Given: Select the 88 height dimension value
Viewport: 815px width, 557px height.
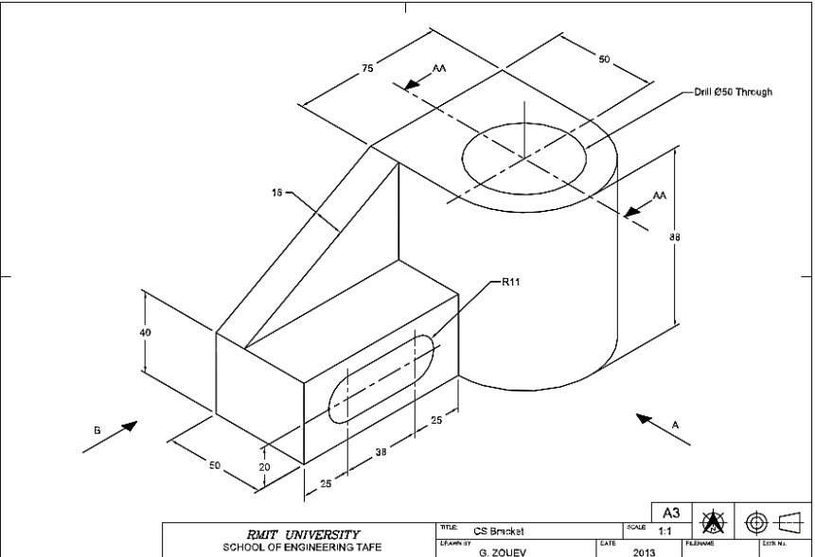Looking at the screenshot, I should (x=675, y=236).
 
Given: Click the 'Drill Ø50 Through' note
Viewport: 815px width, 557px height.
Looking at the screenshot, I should (x=727, y=92).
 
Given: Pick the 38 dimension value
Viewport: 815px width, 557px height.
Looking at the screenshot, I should (x=380, y=452).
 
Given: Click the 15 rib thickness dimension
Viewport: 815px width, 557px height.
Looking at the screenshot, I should (x=276, y=192).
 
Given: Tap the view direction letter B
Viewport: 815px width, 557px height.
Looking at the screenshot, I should (x=97, y=429).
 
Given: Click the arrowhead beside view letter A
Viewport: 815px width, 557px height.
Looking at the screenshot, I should (x=645, y=418).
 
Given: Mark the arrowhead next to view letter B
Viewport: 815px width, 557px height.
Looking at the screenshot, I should (x=131, y=423).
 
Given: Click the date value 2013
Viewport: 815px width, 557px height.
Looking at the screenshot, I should (x=643, y=550).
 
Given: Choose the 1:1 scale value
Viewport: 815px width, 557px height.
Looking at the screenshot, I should (x=666, y=531).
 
